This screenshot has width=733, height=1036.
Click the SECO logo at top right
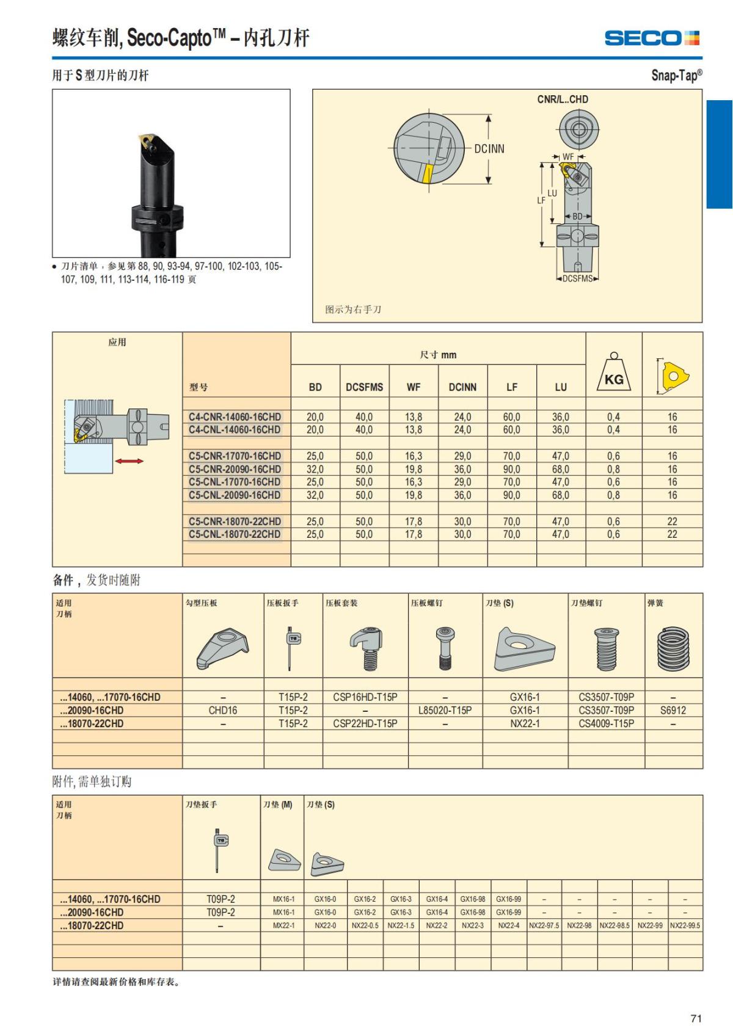(651, 38)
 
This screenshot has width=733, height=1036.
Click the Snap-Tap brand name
(676, 75)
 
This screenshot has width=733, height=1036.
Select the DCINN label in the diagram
(489, 148)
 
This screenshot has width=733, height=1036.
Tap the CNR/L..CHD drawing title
(563, 99)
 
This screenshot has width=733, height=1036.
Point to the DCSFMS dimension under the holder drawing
(577, 279)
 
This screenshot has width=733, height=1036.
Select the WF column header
(414, 387)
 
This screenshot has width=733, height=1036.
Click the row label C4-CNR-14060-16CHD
(235, 417)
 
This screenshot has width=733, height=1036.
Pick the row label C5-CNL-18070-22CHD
(235, 534)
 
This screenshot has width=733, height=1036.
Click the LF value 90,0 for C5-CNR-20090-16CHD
(512, 469)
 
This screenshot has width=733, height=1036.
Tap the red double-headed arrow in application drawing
(129, 461)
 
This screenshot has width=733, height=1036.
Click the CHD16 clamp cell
(223, 711)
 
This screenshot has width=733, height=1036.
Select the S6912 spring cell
(673, 711)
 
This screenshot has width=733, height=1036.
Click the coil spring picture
(673, 649)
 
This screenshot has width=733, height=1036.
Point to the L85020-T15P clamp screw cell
(445, 711)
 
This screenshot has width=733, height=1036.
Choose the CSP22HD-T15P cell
(365, 723)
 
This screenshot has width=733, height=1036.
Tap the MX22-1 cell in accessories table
(283, 926)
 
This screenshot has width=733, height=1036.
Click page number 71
(696, 1018)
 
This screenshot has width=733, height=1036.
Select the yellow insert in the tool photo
(147, 142)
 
